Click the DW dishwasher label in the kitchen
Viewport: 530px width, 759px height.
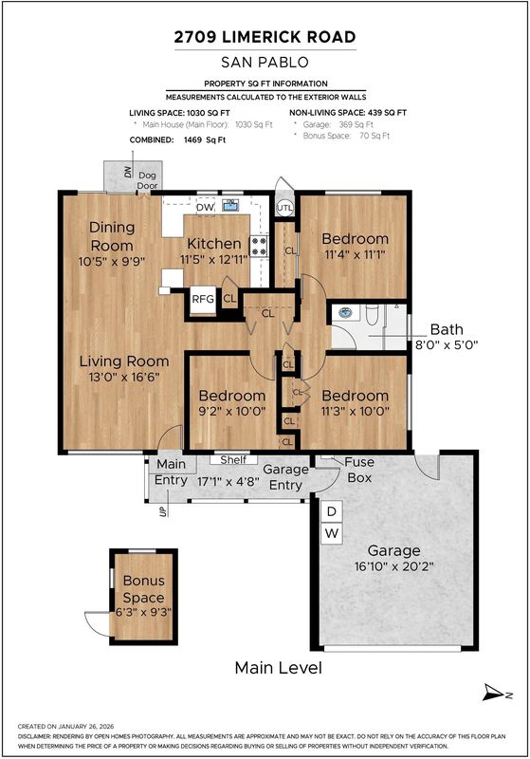pyautogui.click(x=205, y=208)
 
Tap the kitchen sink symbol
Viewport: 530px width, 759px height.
pyautogui.click(x=230, y=205)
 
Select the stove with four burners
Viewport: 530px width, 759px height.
pyautogui.click(x=259, y=246)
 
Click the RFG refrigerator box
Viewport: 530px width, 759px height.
pyautogui.click(x=203, y=300)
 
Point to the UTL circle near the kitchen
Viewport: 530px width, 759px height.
pyautogui.click(x=284, y=208)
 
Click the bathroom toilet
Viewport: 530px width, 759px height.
pyautogui.click(x=372, y=315)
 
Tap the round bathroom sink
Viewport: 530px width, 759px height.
pyautogui.click(x=345, y=313)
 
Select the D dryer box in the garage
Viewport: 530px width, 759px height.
pyautogui.click(x=332, y=511)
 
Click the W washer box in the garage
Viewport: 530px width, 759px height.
pyautogui.click(x=332, y=533)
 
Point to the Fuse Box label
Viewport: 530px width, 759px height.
pyautogui.click(x=359, y=470)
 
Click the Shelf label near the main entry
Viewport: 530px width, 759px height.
pyautogui.click(x=233, y=460)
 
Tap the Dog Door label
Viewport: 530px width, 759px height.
pyautogui.click(x=148, y=180)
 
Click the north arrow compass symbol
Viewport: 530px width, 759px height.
pyautogui.click(x=497, y=693)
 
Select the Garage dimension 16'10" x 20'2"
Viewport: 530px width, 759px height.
pyautogui.click(x=394, y=566)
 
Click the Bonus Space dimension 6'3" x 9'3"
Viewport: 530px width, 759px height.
pyautogui.click(x=143, y=612)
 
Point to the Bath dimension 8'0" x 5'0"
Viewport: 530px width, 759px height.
pyautogui.click(x=447, y=345)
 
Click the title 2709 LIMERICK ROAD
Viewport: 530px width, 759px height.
pyautogui.click(x=265, y=37)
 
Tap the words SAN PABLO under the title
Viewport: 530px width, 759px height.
pyautogui.click(x=265, y=63)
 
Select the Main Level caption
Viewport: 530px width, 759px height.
pyautogui.click(x=278, y=668)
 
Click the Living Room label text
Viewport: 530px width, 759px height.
pyautogui.click(x=124, y=361)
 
